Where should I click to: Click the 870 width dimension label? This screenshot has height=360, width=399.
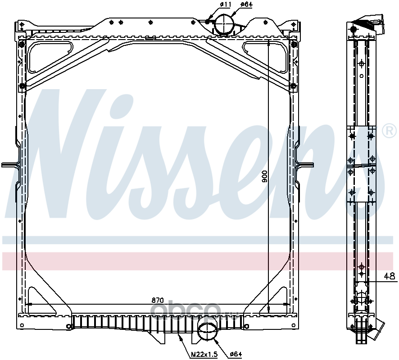click(157, 300)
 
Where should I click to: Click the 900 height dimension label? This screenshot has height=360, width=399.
click(265, 176)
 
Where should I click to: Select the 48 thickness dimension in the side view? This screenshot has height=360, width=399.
click(390, 276)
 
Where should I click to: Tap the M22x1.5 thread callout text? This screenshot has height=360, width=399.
click(204, 354)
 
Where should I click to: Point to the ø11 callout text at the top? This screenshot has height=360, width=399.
click(225, 4)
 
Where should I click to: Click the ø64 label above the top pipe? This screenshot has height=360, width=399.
click(246, 4)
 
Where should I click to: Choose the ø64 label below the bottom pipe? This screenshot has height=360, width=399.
click(236, 354)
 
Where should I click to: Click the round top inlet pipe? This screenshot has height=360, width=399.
click(224, 24)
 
